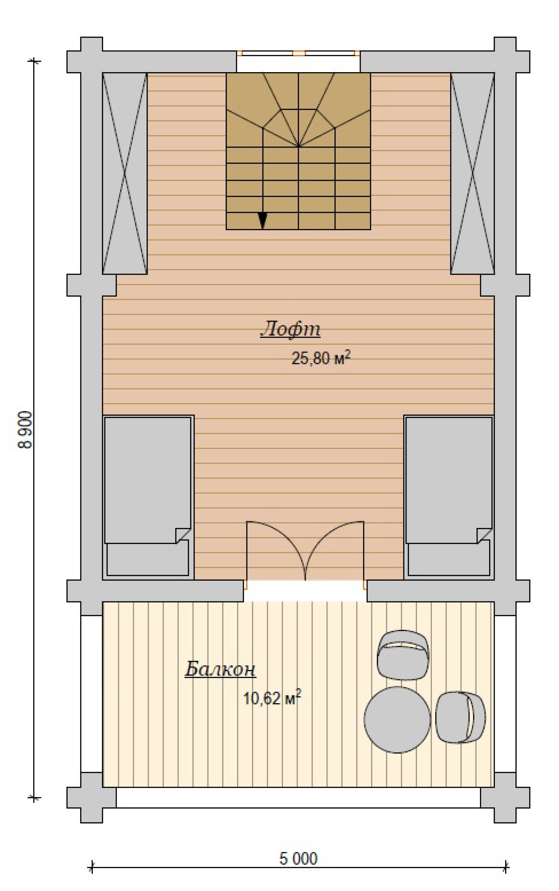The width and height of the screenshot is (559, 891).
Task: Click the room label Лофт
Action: pyautogui.click(x=290, y=329)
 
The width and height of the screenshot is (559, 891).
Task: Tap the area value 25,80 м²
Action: pyautogui.click(x=321, y=358)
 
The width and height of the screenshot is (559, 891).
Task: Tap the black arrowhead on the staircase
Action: pyautogui.click(x=262, y=221)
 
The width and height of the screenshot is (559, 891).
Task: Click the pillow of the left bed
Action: pyautogui.click(x=148, y=558)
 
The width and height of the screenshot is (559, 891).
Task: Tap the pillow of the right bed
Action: pyautogui.click(x=449, y=558)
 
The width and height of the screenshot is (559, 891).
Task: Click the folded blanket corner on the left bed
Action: pyautogui.click(x=183, y=535)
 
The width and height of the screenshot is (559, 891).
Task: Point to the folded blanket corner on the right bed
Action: pyautogui.click(x=484, y=535)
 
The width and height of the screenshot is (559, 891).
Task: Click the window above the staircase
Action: pyautogui.click(x=298, y=53)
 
